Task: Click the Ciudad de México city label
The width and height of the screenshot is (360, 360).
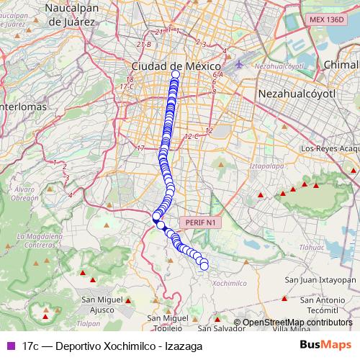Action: tap(174, 65)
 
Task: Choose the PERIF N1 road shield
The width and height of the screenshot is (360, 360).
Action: tap(200, 223)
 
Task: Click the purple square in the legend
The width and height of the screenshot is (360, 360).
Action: tap(10, 346)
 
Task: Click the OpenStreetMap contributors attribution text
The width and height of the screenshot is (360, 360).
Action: tap(297, 323)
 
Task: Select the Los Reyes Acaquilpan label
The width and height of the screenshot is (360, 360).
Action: tap(328, 148)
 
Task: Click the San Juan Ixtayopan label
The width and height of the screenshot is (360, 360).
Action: tap(320, 279)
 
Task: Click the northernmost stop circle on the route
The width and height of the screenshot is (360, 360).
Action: tap(175, 74)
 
